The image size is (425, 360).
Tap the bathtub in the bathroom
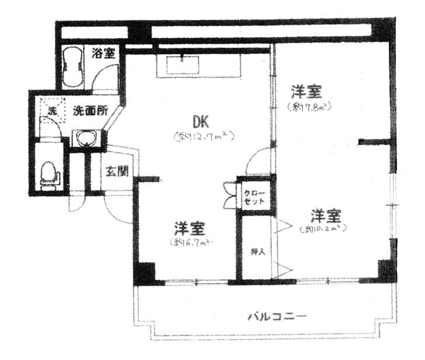(73, 65)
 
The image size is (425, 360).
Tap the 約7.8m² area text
(309, 107)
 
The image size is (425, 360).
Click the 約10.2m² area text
(324, 229)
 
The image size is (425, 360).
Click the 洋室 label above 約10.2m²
(325, 216)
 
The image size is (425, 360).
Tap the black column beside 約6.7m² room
(145, 273)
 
